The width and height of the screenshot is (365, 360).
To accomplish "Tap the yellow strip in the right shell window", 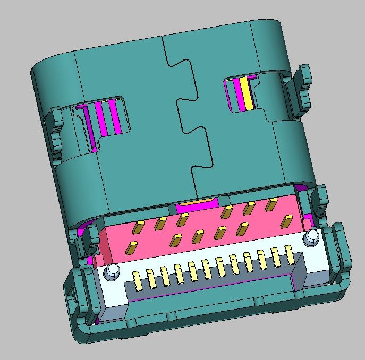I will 245,94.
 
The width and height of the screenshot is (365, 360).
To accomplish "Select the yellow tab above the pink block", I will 198,202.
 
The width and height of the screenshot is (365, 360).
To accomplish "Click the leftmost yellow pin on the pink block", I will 131,248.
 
